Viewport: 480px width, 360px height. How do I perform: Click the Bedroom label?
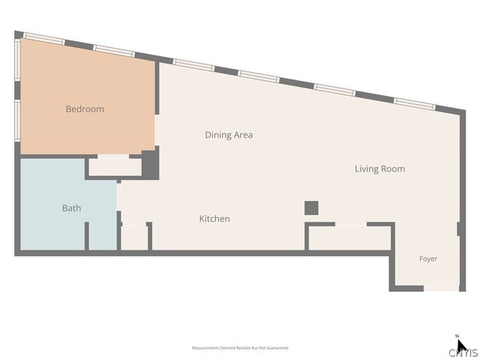[85, 109]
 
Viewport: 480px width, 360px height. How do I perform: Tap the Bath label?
[72, 208]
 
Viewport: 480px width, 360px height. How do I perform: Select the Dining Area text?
[229, 135]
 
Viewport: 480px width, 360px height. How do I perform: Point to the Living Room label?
[380, 169]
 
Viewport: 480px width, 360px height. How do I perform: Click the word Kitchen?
[214, 218]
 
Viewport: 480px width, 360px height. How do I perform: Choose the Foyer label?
[428, 259]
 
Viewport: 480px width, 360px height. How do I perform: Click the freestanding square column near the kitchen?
[311, 208]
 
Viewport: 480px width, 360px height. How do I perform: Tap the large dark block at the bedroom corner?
[150, 165]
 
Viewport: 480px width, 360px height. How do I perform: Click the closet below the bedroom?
[115, 166]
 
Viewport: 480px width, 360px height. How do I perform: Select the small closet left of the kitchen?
[135, 238]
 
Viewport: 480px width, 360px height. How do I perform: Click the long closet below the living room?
[349, 238]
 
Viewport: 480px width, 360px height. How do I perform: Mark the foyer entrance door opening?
[441, 288]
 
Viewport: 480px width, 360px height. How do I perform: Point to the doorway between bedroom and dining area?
[157, 130]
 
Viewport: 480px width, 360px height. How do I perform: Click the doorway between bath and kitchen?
[118, 196]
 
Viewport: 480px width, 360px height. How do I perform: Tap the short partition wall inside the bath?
[87, 235]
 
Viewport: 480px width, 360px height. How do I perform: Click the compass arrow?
[461, 345]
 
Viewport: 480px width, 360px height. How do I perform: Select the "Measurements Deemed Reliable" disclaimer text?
[240, 348]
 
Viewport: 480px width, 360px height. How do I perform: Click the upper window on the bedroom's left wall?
[17, 60]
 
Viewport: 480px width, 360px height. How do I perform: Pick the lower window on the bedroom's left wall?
[17, 121]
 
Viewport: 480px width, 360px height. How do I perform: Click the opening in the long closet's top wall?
[351, 224]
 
